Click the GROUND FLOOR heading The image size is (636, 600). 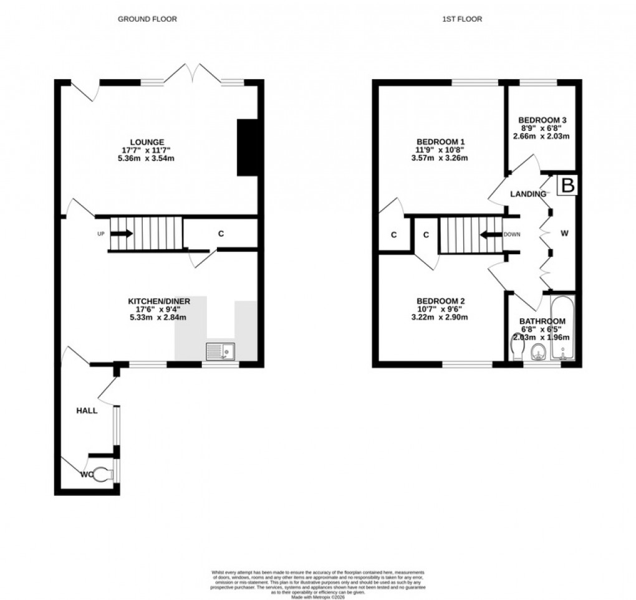[148, 19]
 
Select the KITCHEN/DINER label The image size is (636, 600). [155, 301]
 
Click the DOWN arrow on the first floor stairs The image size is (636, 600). [492, 235]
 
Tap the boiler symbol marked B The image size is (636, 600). [567, 186]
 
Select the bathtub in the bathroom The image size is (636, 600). [563, 328]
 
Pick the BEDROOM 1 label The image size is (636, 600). [441, 141]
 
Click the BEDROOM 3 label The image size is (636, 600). [542, 120]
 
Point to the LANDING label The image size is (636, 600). [528, 194]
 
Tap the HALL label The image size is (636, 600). [87, 411]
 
